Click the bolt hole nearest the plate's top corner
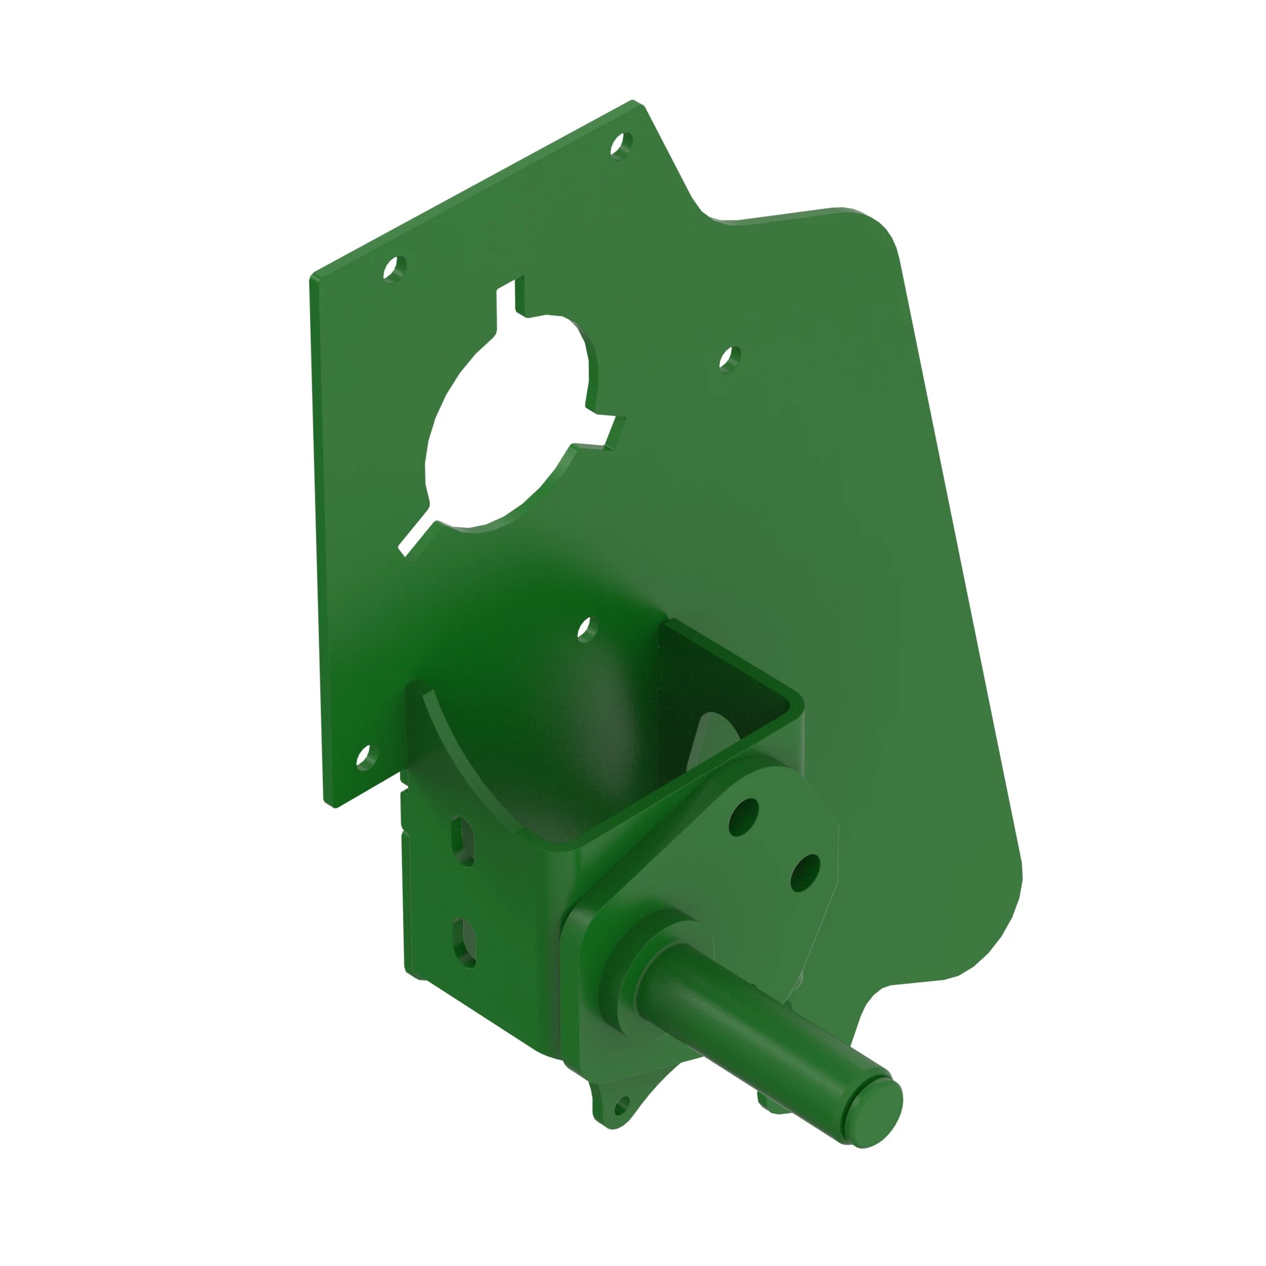tap(620, 144)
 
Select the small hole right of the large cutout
tap(729, 358)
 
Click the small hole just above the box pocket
tap(587, 628)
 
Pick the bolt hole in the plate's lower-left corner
tap(367, 756)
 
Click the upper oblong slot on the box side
tap(464, 841)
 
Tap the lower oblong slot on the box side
tap(464, 943)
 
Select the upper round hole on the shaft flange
tap(743, 817)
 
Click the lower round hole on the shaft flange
tap(805, 874)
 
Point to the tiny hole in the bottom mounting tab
tap(620, 1106)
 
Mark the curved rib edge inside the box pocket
tap(459, 753)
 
